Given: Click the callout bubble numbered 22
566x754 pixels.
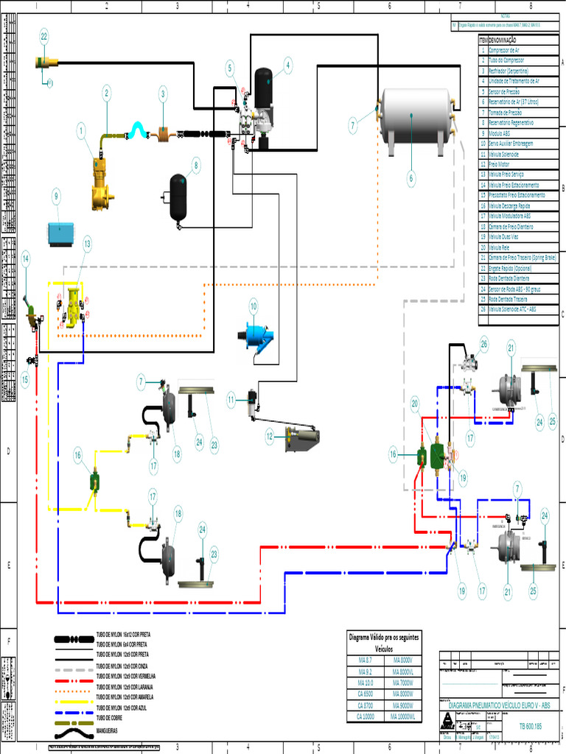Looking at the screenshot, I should tap(44, 36).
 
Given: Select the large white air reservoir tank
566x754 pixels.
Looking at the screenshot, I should tap(416, 117).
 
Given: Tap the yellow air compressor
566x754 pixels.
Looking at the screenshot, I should tap(99, 185).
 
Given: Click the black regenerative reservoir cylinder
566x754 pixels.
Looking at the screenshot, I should tap(178, 197).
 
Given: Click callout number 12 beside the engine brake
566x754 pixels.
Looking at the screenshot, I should tap(270, 437).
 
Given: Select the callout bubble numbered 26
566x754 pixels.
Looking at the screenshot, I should tap(484, 343).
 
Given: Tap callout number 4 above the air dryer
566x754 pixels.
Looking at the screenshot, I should tap(287, 65).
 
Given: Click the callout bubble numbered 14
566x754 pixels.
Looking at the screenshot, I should tap(26, 258).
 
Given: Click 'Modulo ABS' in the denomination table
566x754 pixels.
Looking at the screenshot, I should tap(501, 133).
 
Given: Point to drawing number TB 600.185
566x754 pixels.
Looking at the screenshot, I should tap(529, 725).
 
